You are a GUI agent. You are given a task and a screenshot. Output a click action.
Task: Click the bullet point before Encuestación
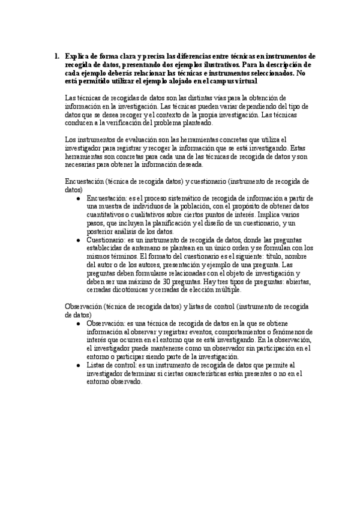80,198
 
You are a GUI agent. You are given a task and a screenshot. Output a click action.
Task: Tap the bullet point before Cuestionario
80,239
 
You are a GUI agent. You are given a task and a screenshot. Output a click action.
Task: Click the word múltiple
225,290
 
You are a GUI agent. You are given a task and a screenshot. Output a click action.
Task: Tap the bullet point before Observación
80,323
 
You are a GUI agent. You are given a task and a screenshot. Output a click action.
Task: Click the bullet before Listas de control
80,365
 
